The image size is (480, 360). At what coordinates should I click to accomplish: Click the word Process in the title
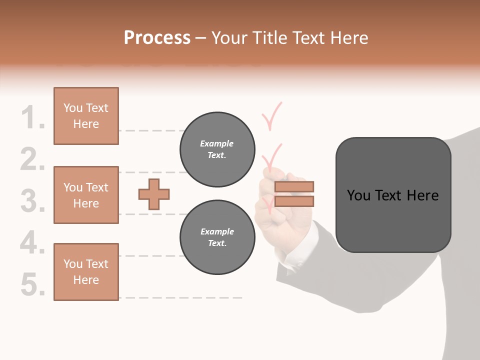[157, 38]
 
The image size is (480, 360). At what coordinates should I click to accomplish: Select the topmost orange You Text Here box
[86, 116]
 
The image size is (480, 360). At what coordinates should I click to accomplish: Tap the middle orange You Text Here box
[86, 195]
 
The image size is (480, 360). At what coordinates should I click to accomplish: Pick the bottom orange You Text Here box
[86, 272]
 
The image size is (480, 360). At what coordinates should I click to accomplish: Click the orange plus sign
[154, 194]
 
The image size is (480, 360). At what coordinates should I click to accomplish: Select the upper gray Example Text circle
[217, 149]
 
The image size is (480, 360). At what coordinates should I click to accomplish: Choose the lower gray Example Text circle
[217, 237]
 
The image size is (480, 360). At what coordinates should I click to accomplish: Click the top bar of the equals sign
[294, 186]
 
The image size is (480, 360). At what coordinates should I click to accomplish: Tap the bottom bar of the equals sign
[294, 201]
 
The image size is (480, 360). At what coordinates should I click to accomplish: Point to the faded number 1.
[33, 118]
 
